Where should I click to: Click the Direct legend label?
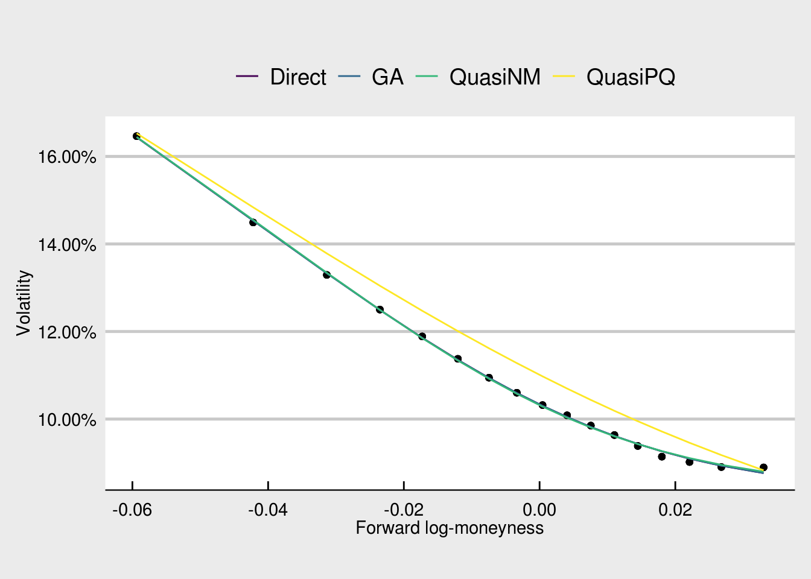click(x=298, y=77)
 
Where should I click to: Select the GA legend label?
click(x=387, y=77)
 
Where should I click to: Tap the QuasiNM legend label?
click(x=495, y=77)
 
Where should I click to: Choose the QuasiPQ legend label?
click(x=631, y=77)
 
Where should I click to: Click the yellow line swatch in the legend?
click(x=564, y=77)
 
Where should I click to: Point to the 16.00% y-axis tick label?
click(x=67, y=157)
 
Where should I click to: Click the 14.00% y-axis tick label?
click(x=67, y=245)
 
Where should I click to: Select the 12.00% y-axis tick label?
click(x=67, y=332)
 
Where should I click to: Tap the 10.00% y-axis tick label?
click(x=67, y=420)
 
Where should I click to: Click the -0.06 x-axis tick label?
click(x=132, y=510)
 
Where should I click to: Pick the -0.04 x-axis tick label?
click(x=268, y=510)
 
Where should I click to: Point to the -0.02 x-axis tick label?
click(x=404, y=510)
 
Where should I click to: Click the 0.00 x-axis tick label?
click(x=539, y=510)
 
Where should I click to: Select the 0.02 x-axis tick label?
click(x=675, y=510)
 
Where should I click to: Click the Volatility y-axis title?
click(x=24, y=303)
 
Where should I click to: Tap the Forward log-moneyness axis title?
click(x=450, y=528)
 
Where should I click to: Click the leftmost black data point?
click(x=136, y=136)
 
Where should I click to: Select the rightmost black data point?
click(x=763, y=467)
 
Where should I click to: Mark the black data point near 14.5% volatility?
click(x=253, y=223)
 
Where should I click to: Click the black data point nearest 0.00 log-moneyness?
click(x=542, y=405)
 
